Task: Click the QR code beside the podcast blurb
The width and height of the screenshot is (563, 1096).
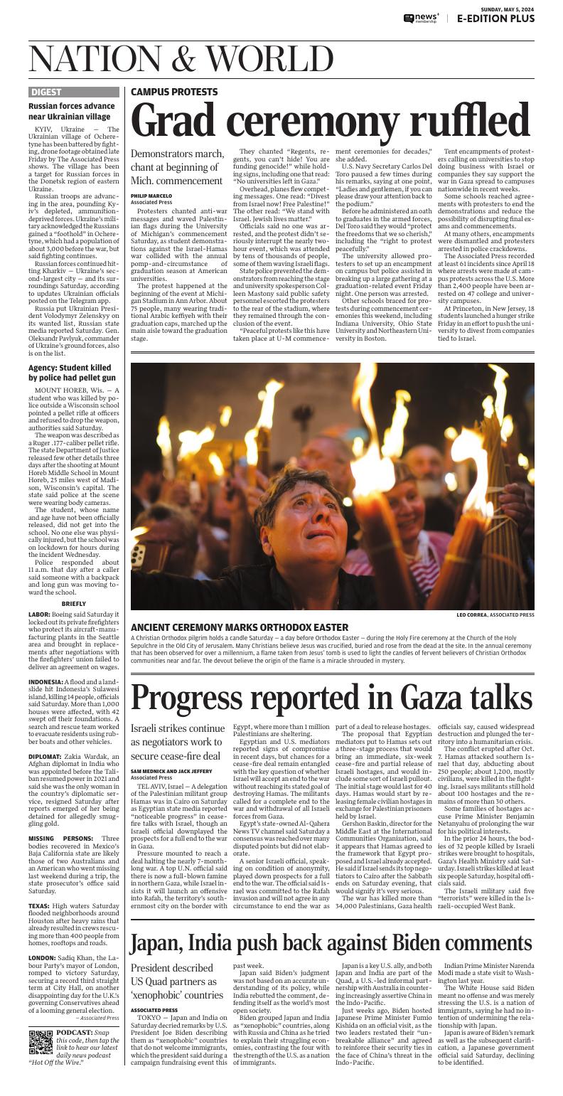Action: (x=41, y=1042)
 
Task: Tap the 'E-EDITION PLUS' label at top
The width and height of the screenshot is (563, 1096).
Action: (x=495, y=18)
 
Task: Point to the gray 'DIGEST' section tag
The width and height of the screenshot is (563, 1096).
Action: (x=47, y=92)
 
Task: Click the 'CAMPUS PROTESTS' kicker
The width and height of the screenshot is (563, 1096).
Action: (x=174, y=92)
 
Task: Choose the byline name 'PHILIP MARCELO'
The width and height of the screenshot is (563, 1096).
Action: (x=151, y=196)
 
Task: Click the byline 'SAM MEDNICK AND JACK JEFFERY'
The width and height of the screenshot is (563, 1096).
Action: (x=171, y=771)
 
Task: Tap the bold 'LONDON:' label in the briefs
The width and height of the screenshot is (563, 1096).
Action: (x=44, y=958)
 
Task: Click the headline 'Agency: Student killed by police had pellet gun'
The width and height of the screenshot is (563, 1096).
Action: (x=71, y=373)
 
